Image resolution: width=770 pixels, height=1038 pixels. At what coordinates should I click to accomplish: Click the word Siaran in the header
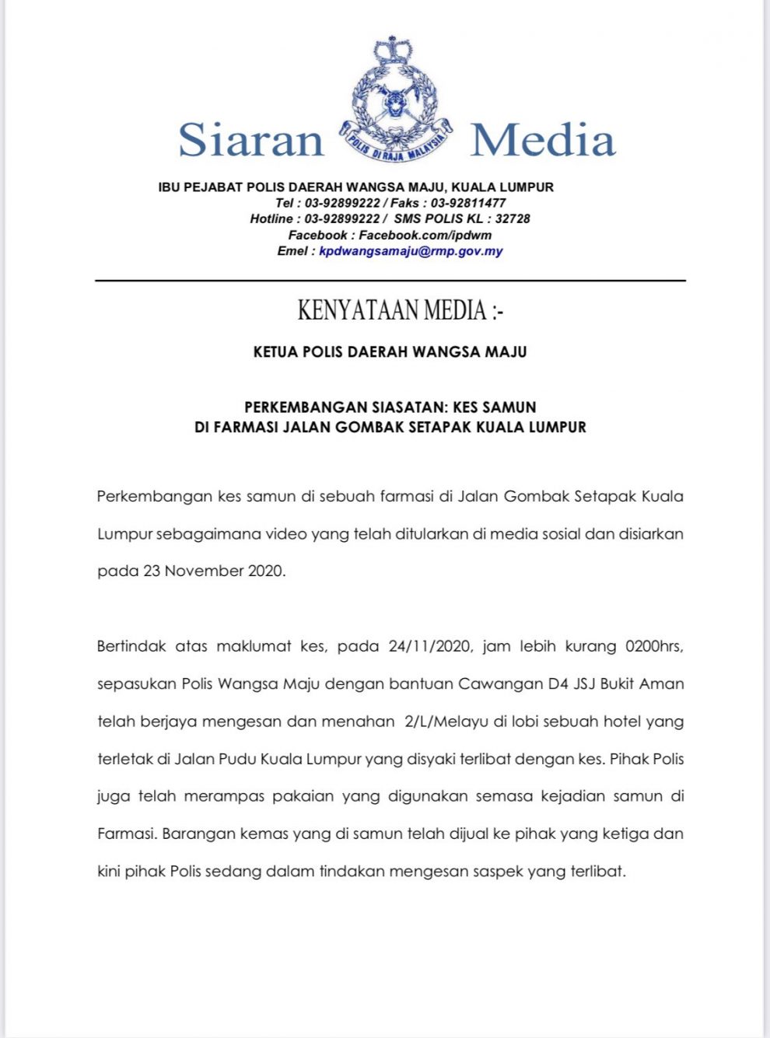(250, 140)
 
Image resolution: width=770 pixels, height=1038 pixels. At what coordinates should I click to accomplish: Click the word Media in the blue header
(543, 140)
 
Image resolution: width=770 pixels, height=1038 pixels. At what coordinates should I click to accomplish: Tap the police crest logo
(395, 101)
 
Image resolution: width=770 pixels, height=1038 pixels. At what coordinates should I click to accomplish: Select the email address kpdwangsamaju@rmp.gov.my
(411, 251)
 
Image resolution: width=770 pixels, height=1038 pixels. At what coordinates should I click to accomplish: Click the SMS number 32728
(513, 219)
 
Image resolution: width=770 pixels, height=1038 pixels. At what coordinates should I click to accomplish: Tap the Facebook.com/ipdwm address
(425, 235)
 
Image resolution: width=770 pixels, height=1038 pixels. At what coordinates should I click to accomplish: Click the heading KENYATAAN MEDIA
(400, 310)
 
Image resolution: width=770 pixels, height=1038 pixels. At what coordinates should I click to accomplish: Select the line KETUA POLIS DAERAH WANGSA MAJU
(390, 352)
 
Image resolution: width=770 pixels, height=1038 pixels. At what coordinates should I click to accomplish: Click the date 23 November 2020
(214, 571)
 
